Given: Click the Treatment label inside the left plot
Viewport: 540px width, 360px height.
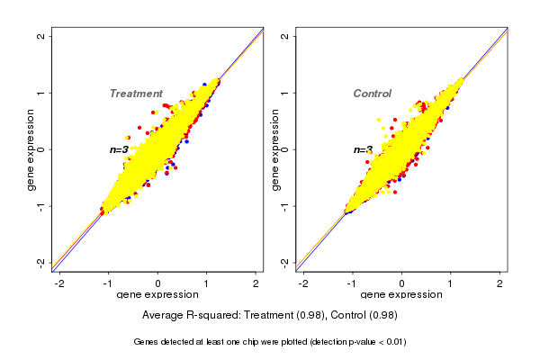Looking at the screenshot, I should (x=136, y=94).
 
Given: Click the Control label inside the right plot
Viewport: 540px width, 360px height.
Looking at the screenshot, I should (x=372, y=94).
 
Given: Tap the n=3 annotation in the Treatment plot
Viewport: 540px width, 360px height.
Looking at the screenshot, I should (x=119, y=149).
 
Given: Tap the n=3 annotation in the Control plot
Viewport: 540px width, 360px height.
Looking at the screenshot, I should (x=363, y=149).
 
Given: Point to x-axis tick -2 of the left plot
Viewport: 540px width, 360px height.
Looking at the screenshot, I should (x=60, y=283).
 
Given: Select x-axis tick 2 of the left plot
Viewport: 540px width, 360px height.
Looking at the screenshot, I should (x=256, y=283).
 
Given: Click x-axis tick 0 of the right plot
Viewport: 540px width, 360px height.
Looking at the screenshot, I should (x=402, y=283).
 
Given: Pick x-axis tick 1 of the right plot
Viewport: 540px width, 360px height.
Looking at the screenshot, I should (x=451, y=283).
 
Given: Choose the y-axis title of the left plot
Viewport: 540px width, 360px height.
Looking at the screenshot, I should (x=31, y=149).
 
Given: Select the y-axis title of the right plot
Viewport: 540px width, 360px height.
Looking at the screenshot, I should (x=275, y=149).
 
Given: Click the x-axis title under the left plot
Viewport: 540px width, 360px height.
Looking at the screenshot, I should (x=158, y=295).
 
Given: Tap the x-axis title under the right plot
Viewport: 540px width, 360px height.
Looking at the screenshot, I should (x=401, y=295).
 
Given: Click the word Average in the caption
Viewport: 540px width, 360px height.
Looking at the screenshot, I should (x=165, y=316).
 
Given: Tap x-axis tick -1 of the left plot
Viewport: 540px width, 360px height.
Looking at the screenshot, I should (x=109, y=283).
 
